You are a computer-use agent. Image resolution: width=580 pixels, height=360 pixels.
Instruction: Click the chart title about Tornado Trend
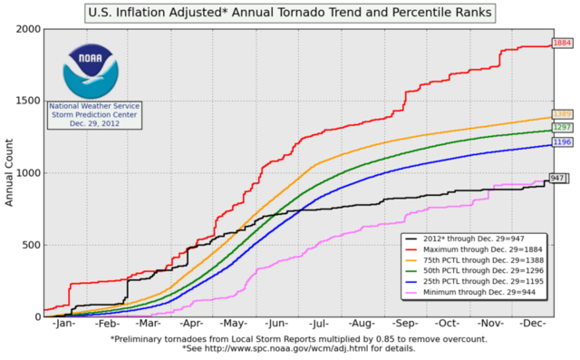[x=290, y=13]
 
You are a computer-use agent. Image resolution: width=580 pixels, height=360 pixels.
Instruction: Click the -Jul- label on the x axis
[x=315, y=324]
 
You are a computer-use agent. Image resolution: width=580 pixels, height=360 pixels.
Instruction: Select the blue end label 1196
[x=562, y=143]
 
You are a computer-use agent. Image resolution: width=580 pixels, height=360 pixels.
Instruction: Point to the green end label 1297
[x=562, y=129]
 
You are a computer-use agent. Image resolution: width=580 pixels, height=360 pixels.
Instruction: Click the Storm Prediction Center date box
[x=96, y=116]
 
